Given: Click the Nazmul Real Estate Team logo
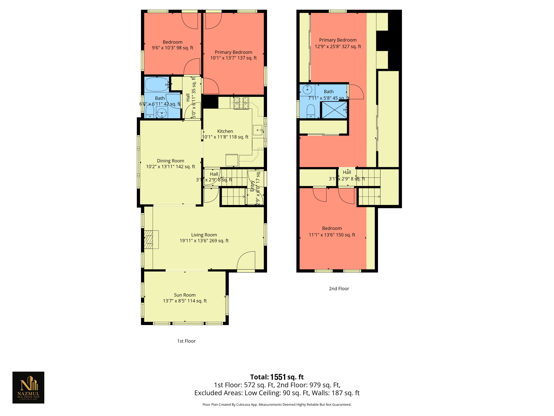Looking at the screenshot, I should click(x=28, y=387).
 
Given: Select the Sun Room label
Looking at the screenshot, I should click(x=185, y=295).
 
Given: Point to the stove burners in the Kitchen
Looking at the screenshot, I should click(x=241, y=103).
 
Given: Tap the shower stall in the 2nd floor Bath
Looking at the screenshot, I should click(x=334, y=110).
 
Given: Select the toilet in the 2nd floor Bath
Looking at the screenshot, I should click(x=311, y=111).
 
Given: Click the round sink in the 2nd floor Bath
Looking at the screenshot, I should click(x=307, y=89).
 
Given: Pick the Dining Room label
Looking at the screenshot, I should click(x=170, y=161).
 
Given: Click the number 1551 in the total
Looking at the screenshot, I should click(x=278, y=377).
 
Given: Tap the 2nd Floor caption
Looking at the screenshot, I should click(x=339, y=289).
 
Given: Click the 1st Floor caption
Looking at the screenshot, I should click(x=186, y=341).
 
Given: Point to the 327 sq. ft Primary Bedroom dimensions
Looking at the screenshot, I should click(x=338, y=47).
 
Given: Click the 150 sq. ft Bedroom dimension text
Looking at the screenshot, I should click(x=332, y=235).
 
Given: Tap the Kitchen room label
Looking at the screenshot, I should click(x=225, y=131).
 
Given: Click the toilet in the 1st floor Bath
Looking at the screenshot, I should click(x=150, y=112).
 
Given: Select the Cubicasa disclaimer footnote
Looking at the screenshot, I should click(x=277, y=405).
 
